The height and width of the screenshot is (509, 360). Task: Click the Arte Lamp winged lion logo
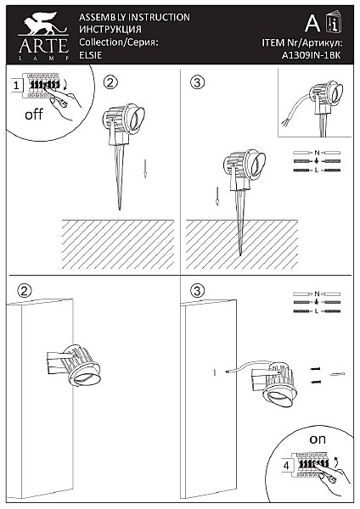pyautogui.click(x=43, y=24)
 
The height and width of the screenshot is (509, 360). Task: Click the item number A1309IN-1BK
pyautogui.click(x=311, y=55)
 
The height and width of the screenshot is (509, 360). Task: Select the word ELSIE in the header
pyautogui.click(x=91, y=55)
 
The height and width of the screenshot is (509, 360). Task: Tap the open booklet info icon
pyautogui.click(x=334, y=22)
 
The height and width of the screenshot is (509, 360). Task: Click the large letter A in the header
pyautogui.click(x=312, y=23)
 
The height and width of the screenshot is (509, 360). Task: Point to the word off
pyautogui.click(x=34, y=115)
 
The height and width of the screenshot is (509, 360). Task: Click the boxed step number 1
pyautogui.click(x=16, y=86)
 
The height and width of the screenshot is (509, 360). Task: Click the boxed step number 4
pyautogui.click(x=286, y=466)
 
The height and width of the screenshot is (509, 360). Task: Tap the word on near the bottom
pyautogui.click(x=317, y=439)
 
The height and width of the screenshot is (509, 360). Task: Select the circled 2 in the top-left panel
pyautogui.click(x=110, y=82)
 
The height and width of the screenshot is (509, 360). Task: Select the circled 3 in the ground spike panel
pyautogui.click(x=197, y=82)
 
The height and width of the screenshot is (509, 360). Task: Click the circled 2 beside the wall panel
pyautogui.click(x=25, y=291)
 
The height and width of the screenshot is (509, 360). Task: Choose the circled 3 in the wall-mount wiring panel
pyautogui.click(x=197, y=291)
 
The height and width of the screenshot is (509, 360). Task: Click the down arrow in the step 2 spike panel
pyautogui.click(x=145, y=169)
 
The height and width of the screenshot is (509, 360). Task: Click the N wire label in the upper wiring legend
pyautogui.click(x=317, y=152)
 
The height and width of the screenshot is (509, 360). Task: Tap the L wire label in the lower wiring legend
pyautogui.click(x=317, y=311)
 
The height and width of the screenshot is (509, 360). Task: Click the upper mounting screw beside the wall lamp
pyautogui.click(x=315, y=369)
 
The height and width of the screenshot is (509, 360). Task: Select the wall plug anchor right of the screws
pyautogui.click(x=338, y=375)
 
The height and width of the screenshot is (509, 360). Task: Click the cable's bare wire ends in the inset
pyautogui.click(x=284, y=123)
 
